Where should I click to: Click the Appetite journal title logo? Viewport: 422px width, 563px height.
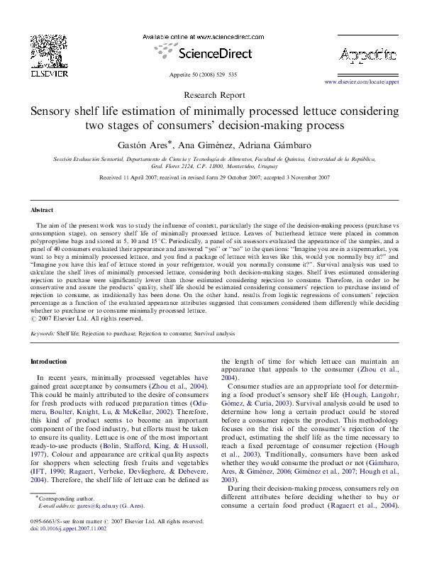[x=368, y=55]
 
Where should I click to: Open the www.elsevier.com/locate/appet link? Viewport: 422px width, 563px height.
[x=362, y=82]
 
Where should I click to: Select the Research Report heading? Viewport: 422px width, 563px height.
[x=211, y=95]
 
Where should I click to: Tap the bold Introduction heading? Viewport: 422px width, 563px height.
[x=48, y=362]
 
